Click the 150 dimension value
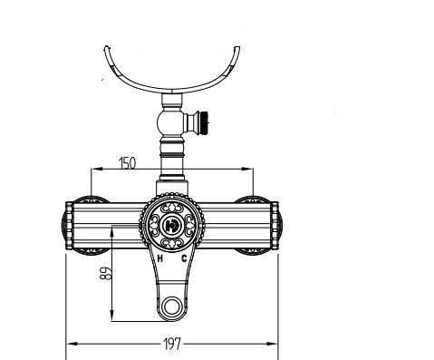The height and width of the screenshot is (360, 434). pos(128,163)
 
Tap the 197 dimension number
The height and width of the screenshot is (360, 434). pos(172,344)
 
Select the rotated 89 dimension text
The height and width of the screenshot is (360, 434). pos(106,273)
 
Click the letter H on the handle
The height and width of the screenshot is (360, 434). pos(160,258)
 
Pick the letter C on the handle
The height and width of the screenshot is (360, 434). pos(184,258)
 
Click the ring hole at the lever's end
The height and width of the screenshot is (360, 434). pos(172,306)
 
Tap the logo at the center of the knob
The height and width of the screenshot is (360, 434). pos(172,225)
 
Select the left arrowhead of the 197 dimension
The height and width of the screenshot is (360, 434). pos(72,344)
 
